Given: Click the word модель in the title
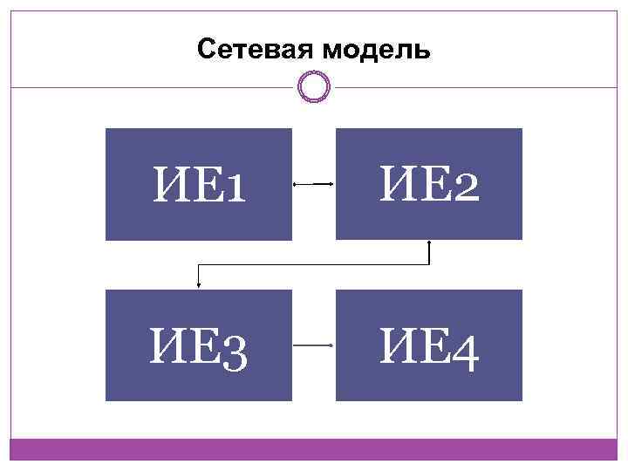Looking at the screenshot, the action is tap(376, 51).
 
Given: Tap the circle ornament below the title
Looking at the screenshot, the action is tap(314, 86).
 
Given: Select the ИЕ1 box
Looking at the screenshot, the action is tap(199, 184).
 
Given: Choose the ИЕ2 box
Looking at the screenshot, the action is tap(429, 184).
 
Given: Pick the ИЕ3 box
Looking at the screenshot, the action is tap(199, 345).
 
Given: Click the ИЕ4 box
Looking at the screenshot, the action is tap(429, 345).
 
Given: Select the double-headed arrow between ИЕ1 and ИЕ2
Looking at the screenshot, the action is tap(314, 184).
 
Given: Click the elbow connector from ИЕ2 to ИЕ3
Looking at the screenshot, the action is tap(314, 263).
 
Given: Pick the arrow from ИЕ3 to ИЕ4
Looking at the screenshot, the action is tap(314, 345).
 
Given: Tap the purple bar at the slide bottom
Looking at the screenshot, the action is tap(314, 449).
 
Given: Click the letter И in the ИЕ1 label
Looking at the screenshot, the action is tap(169, 185).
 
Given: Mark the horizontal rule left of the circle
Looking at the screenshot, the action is tap(153, 86).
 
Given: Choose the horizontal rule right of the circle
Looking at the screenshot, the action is tap(475, 86).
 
